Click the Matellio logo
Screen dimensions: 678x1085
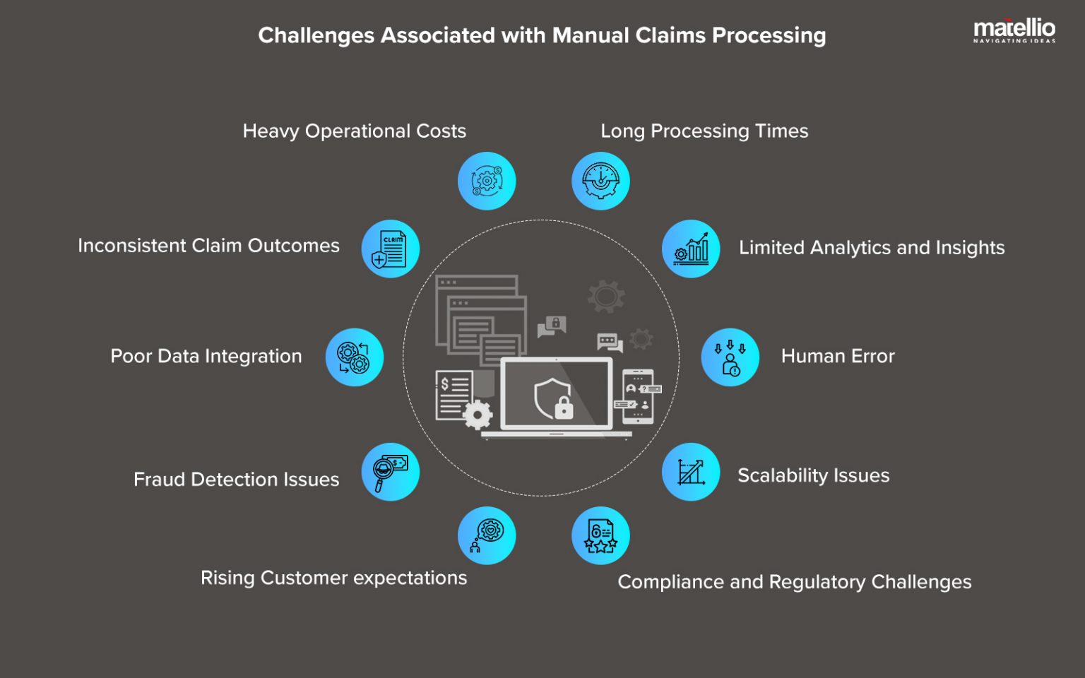pos(1014,30)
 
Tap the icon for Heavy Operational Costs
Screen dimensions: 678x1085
pos(487,181)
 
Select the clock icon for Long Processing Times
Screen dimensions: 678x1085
pos(600,181)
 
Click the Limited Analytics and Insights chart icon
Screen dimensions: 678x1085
pos(691,249)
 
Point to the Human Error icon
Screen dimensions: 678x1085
pos(730,357)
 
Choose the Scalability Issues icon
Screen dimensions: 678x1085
pos(691,472)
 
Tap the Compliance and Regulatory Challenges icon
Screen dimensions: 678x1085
pos(600,535)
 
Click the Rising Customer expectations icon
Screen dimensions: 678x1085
pos(487,535)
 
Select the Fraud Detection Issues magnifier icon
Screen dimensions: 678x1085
pos(390,472)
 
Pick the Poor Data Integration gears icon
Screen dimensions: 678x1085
pos(354,357)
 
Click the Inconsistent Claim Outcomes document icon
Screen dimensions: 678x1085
pos(390,249)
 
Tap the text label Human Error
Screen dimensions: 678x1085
pos(838,356)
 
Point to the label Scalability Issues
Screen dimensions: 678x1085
pos(813,475)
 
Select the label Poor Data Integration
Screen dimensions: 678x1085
pos(206,356)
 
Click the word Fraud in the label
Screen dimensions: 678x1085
pos(160,480)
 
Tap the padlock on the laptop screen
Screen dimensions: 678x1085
pos(564,408)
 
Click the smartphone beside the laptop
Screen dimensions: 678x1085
pos(638,396)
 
